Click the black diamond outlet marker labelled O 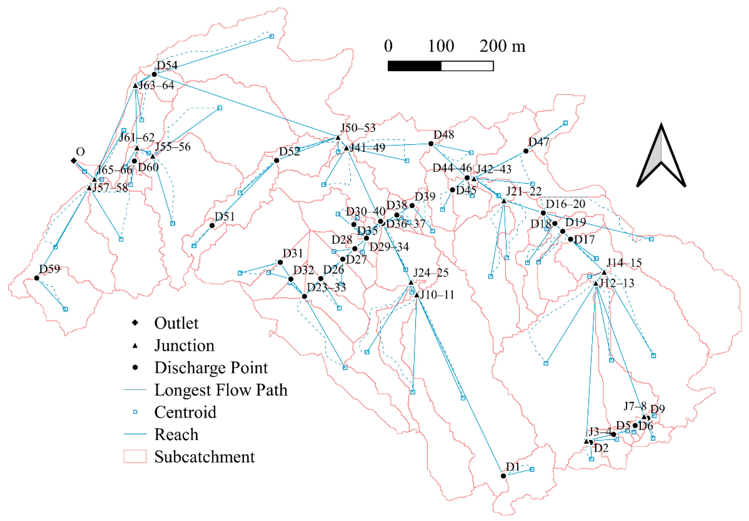74,161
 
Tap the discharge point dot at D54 154,74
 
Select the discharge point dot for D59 36,278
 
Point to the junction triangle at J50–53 338,138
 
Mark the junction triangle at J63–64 135,86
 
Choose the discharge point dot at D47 526,151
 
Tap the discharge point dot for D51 212,225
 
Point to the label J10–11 437,295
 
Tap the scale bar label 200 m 502,46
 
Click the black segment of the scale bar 414,66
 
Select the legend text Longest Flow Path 221,390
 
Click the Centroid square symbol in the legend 135,412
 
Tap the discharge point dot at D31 280,262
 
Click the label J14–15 624,263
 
